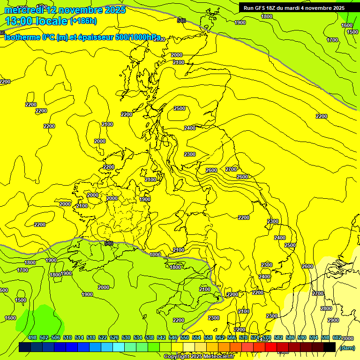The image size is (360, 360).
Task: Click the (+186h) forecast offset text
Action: coord(83,21)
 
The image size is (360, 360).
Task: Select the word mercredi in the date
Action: coord(23,10)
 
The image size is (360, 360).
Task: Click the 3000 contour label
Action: coord(348,338)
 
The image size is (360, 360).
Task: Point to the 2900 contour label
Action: coord(333,320)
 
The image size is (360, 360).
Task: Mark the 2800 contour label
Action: coord(326,308)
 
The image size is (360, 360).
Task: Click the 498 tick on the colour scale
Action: coord(32,338)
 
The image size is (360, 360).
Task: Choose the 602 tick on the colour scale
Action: coord(337,338)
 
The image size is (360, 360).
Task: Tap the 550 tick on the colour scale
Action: coord(185,338)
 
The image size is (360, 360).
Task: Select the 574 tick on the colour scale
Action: coord(255,338)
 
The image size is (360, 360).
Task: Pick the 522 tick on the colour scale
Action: coord(103,338)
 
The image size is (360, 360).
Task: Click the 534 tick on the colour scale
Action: coord(138,338)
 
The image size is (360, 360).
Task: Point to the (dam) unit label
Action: coord(347,347)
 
